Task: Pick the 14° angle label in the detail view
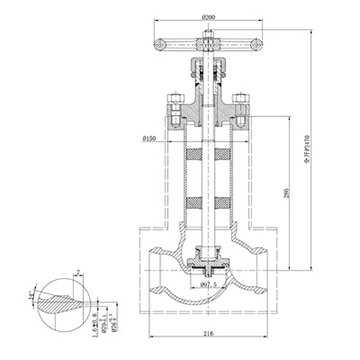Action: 32,295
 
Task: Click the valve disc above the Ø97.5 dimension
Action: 207,262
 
